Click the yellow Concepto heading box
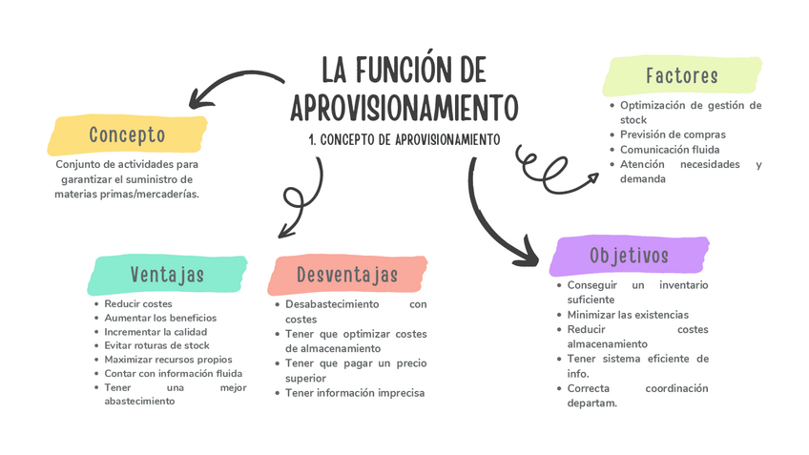[127, 135]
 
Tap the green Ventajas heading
[167, 275]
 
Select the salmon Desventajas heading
[346, 275]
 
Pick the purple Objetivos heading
[629, 256]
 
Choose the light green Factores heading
[680, 75]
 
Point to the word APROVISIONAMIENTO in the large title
[404, 107]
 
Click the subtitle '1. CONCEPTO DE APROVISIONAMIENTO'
[404, 139]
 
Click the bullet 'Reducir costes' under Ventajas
[138, 303]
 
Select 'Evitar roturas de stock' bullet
[156, 345]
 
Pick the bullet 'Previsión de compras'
[673, 134]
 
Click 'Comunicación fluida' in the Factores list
[669, 150]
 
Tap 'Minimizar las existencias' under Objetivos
[627, 314]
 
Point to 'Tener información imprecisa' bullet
[354, 393]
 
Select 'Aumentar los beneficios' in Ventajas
[160, 318]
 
